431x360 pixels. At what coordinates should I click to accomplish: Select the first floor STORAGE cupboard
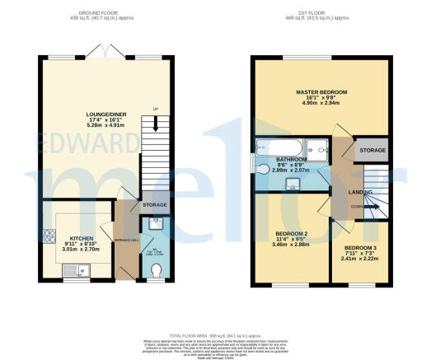[372, 151]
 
